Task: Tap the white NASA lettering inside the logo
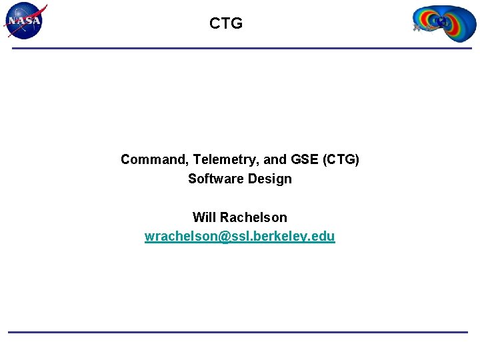(x=25, y=21)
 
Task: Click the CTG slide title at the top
(x=226, y=24)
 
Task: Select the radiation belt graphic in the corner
(x=443, y=23)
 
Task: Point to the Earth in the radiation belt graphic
(x=441, y=22)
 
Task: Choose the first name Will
(x=204, y=217)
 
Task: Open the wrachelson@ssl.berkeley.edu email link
(x=240, y=237)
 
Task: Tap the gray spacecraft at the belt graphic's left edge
(x=417, y=29)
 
